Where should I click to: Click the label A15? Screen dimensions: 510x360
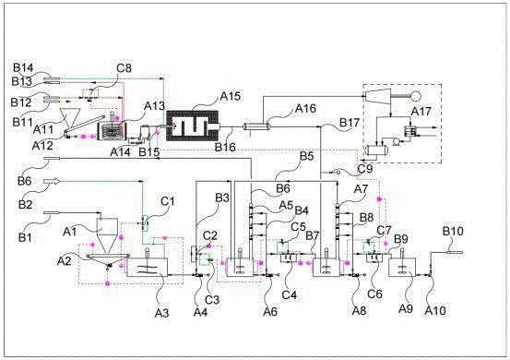[231, 96]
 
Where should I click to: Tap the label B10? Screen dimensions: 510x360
[453, 231]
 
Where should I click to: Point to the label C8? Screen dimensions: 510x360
[124, 68]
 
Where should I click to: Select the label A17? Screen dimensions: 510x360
[421, 112]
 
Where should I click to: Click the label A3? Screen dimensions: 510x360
[162, 313]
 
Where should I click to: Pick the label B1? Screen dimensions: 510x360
[25, 237]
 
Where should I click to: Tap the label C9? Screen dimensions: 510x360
[365, 169]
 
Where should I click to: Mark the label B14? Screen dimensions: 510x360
[23, 68]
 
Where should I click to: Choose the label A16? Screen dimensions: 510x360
[305, 108]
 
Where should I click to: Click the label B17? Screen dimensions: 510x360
[350, 123]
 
